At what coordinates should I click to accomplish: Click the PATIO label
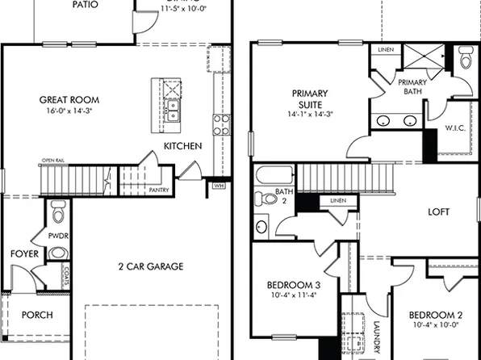(85, 5)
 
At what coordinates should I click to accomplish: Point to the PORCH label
(36, 315)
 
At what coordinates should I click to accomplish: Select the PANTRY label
(158, 190)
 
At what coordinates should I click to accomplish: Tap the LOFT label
(438, 212)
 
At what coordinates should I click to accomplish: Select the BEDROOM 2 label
(433, 315)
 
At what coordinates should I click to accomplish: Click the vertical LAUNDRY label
(376, 337)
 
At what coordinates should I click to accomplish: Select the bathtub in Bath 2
(275, 175)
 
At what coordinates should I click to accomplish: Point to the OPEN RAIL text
(53, 161)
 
